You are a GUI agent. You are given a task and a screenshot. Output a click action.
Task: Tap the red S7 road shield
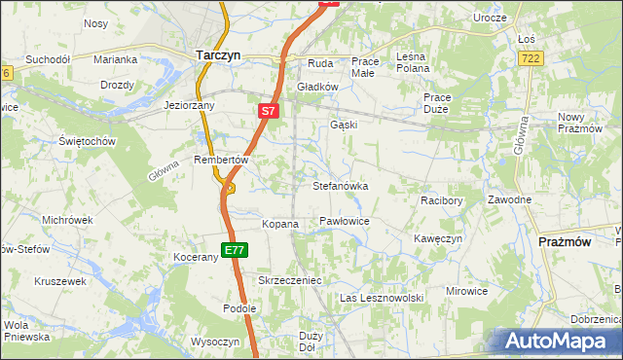[x=270, y=111]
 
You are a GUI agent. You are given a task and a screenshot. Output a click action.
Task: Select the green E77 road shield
[x=234, y=250]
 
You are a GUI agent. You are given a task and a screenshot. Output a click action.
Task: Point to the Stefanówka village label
[x=340, y=185]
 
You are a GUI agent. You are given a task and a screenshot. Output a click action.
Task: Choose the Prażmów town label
[x=566, y=241]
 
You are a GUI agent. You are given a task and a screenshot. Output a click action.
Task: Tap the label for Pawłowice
[x=344, y=222]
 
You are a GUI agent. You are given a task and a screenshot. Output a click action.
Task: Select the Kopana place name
[x=279, y=224]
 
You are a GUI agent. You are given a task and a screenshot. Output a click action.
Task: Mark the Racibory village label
[x=441, y=200]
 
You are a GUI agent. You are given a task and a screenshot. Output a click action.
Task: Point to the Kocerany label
[x=195, y=257]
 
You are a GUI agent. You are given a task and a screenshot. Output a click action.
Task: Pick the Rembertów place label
[x=223, y=160]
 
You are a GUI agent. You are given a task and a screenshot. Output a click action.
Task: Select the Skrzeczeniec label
[x=289, y=279]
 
